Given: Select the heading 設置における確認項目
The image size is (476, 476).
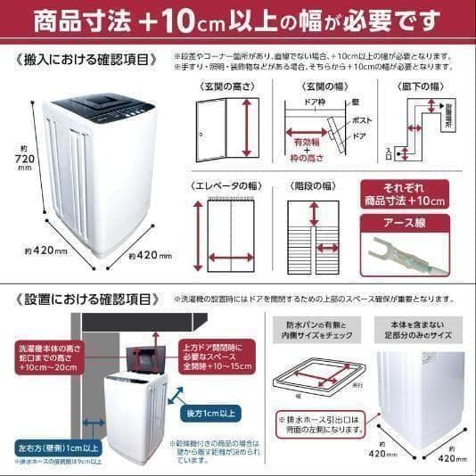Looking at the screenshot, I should pos(89,300).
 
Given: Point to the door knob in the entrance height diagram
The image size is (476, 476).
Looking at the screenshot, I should pos(203,133).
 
